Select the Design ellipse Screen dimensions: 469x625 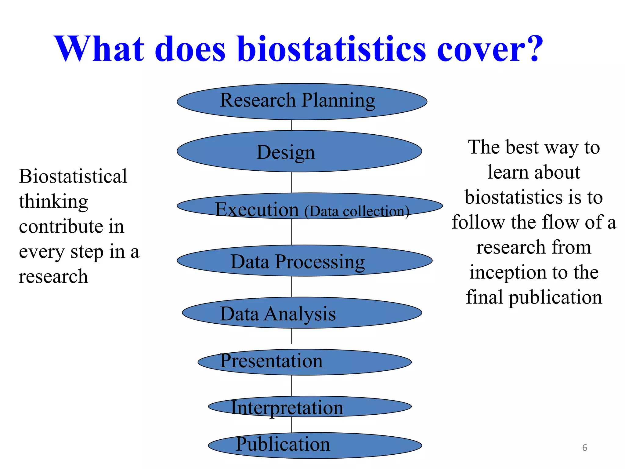[x=299, y=151]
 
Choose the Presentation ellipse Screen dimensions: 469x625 [x=305, y=362]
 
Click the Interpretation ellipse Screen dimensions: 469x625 [x=309, y=407]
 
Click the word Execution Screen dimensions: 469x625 [x=257, y=209]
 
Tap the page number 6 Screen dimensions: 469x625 [x=584, y=448]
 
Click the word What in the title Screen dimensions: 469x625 [x=99, y=49]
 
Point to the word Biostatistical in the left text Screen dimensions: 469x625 [x=73, y=176]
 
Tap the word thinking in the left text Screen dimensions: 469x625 [x=53, y=202]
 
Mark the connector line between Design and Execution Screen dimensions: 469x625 [x=292, y=182]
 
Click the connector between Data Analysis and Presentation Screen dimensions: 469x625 [x=292, y=336]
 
